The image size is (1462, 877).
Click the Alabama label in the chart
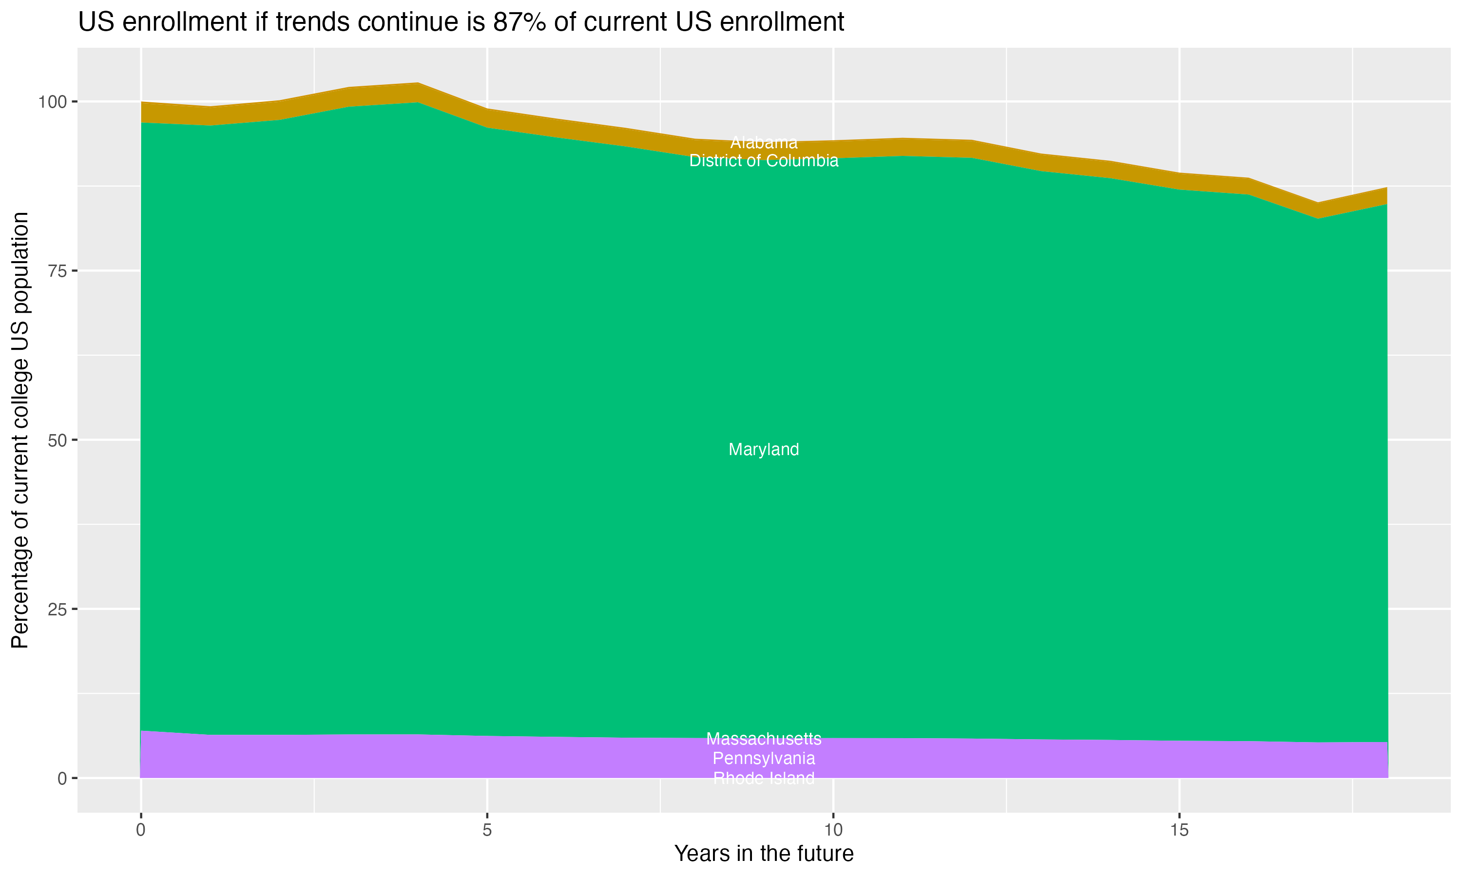point(764,142)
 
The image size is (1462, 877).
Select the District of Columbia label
point(764,161)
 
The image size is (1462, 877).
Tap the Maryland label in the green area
point(764,450)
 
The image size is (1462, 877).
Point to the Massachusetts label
point(764,739)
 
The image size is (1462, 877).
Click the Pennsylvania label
point(764,758)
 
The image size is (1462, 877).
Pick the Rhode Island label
point(764,778)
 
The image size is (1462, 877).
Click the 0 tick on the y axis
point(61,778)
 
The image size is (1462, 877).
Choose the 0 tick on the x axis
point(141,830)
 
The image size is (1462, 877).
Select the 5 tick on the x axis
point(487,830)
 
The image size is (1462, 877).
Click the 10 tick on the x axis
point(833,830)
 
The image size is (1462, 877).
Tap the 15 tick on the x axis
point(1179,830)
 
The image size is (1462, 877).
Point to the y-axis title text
point(20,430)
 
